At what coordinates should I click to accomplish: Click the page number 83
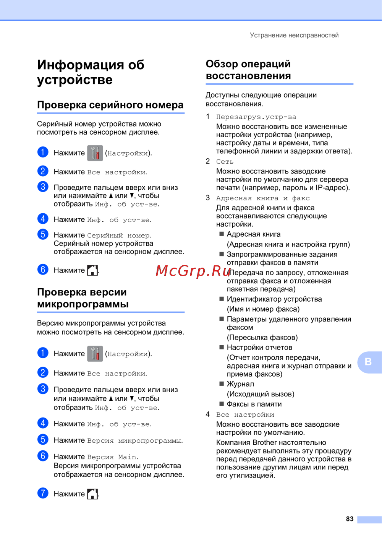point(350,519)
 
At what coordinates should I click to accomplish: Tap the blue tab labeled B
point(368,362)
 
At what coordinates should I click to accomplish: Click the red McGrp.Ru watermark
point(193,271)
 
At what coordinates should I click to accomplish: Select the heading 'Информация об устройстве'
point(91,72)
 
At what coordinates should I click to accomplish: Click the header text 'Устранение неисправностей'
point(294,35)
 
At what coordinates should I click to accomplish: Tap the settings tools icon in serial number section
point(95,153)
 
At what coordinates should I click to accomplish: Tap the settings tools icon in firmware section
point(95,354)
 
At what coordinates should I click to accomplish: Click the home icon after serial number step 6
point(92,270)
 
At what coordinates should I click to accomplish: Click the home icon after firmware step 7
point(92,494)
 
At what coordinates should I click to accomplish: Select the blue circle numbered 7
point(43,493)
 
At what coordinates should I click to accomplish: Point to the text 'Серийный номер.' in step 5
point(119,236)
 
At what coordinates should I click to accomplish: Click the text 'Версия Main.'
point(113,457)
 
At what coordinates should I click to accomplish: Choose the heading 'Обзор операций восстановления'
point(248,70)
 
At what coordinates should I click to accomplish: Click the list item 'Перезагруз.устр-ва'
point(256,117)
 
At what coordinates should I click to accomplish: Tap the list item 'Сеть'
point(225,162)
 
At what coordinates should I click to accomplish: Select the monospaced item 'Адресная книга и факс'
point(263,198)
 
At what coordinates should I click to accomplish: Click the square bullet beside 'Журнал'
point(222,383)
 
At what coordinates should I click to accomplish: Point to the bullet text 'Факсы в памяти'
point(254,404)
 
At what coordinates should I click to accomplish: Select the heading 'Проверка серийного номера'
point(110,105)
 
